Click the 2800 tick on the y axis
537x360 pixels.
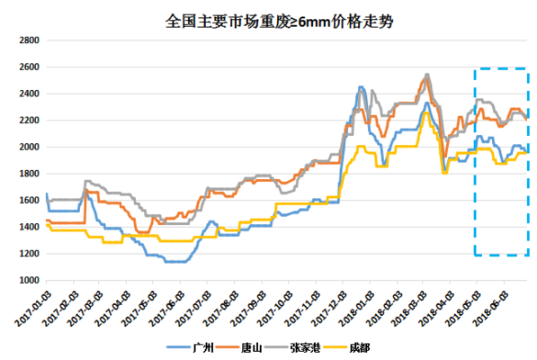click(x=26, y=40)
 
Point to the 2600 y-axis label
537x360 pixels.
click(x=26, y=67)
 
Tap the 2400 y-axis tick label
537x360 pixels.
click(x=26, y=94)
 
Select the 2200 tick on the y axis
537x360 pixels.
click(x=26, y=121)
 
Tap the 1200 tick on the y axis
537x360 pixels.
click(x=26, y=254)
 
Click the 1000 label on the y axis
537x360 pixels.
click(x=26, y=280)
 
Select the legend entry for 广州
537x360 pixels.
click(x=195, y=346)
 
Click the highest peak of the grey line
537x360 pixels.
click(x=426, y=74)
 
